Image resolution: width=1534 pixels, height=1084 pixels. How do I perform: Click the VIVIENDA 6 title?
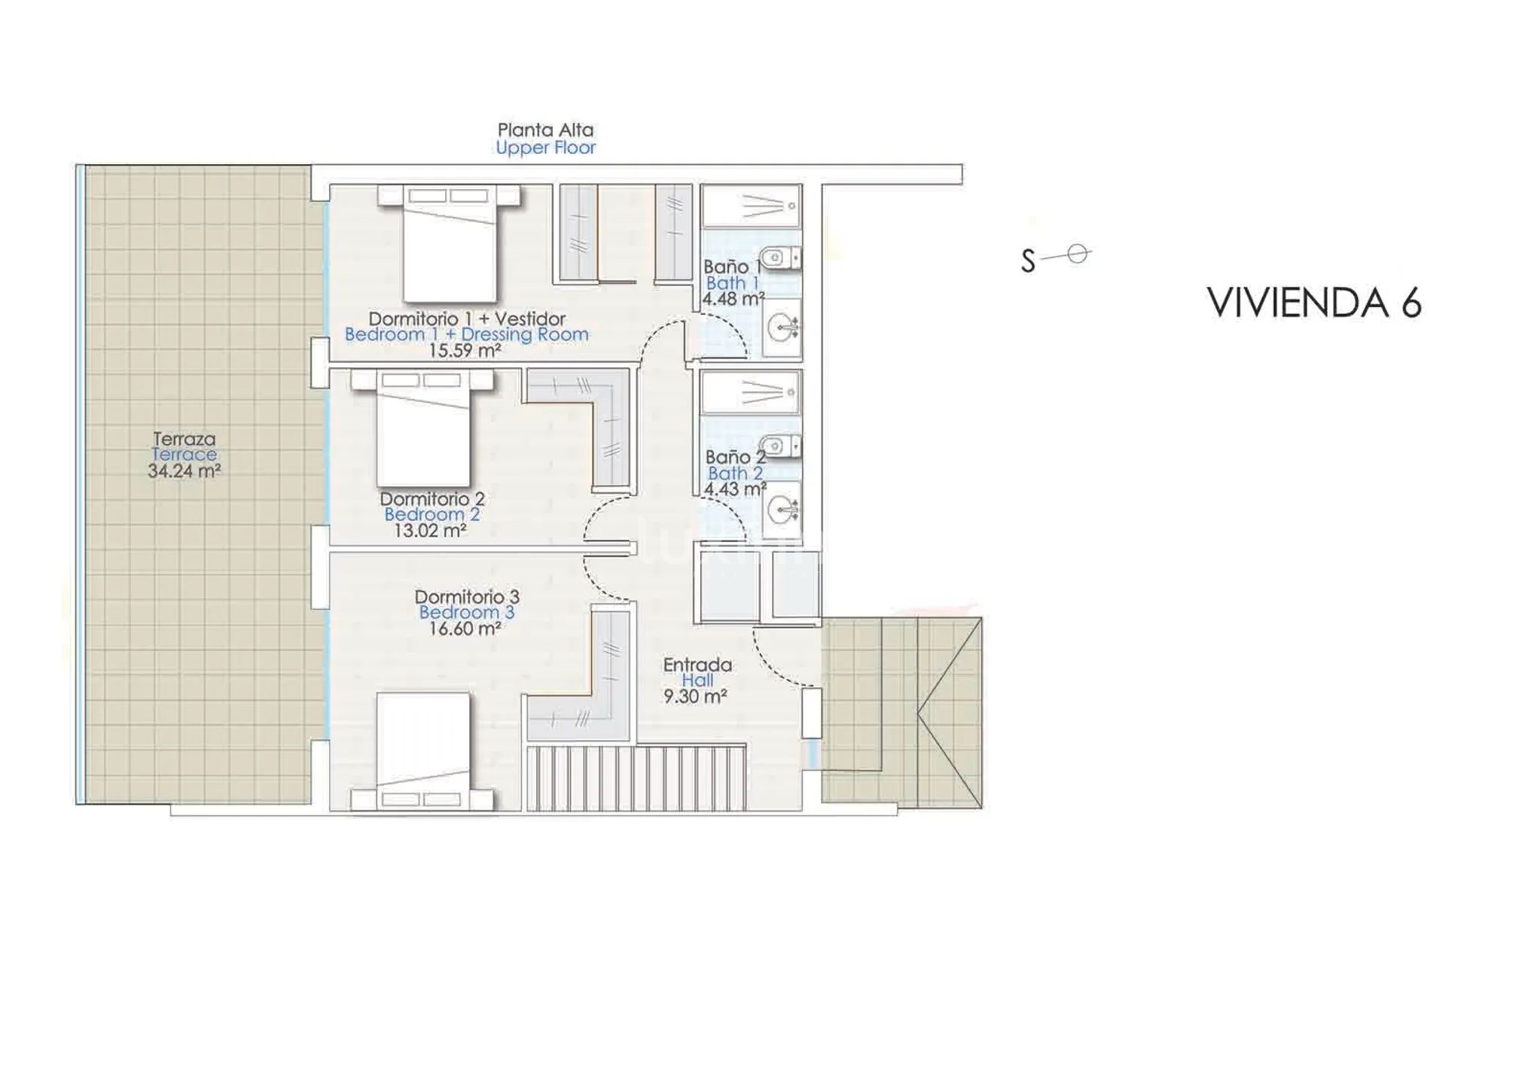(x=1314, y=303)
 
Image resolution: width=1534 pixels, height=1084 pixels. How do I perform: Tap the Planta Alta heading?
(x=545, y=129)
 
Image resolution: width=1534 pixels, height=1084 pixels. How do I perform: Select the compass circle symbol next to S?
(x=1078, y=254)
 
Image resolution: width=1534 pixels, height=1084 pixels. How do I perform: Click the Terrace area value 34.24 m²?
(x=184, y=471)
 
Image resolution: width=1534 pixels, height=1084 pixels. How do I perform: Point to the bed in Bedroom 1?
(x=450, y=243)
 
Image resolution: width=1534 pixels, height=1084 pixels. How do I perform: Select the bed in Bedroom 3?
(x=422, y=752)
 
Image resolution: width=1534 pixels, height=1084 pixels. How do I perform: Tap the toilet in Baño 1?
(x=779, y=258)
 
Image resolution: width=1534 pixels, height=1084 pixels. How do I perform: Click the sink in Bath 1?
(x=782, y=328)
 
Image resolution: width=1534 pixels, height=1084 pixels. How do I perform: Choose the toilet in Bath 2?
(x=779, y=446)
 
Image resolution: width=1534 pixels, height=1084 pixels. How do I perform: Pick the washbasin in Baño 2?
(x=782, y=510)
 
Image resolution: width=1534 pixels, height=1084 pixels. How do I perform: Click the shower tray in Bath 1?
(x=751, y=206)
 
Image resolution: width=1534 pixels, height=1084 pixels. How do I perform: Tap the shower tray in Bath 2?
(x=751, y=391)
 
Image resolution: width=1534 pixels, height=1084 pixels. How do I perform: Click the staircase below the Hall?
(x=636, y=778)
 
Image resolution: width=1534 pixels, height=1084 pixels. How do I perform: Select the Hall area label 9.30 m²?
(x=694, y=697)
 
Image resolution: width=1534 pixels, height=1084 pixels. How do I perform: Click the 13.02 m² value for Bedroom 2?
(x=430, y=531)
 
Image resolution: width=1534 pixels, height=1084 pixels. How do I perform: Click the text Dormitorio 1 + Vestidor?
(x=467, y=318)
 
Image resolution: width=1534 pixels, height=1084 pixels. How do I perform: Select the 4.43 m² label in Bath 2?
(x=735, y=489)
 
